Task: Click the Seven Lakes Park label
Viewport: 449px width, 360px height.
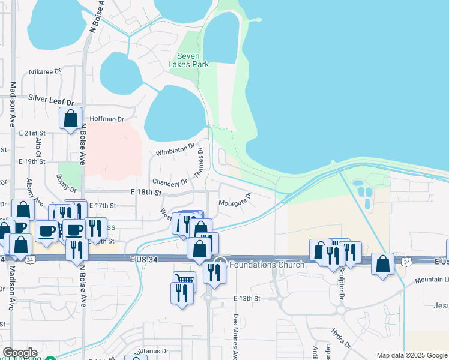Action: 193,61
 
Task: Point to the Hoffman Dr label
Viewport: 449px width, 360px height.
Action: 106,119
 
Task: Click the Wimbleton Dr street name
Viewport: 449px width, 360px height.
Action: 176,149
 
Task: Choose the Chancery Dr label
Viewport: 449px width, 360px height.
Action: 170,181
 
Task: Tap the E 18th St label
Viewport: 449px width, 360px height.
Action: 146,193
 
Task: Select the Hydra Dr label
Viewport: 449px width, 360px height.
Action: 343,338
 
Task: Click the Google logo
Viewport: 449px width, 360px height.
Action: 20,353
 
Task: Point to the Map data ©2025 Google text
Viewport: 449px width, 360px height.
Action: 412,355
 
